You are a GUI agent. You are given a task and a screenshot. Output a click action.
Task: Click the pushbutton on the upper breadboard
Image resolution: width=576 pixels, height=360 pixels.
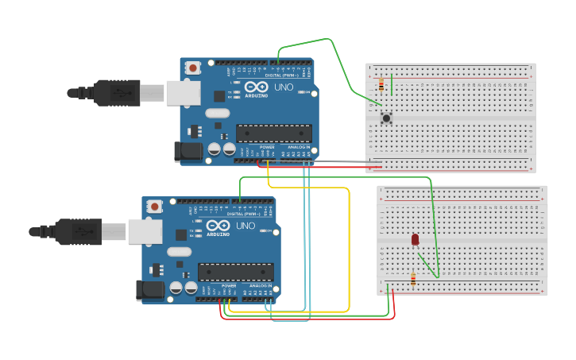[x=386, y=118]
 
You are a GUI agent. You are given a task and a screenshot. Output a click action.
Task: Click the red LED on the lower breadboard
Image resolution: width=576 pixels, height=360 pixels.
[x=415, y=239]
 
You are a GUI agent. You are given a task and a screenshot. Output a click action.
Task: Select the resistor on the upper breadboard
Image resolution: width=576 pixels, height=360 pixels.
[x=381, y=84]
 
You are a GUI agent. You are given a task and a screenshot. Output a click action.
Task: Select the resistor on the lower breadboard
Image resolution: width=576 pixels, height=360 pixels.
[x=412, y=278]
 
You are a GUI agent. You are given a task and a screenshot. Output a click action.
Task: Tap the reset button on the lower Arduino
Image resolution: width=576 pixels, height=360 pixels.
[x=155, y=207]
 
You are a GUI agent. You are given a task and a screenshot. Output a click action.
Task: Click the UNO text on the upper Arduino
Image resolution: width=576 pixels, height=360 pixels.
[x=283, y=87]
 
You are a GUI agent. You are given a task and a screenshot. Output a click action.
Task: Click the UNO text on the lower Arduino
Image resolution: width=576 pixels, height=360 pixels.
[x=245, y=226]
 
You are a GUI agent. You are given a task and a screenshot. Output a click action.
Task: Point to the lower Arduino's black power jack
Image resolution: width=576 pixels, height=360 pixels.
[x=149, y=290]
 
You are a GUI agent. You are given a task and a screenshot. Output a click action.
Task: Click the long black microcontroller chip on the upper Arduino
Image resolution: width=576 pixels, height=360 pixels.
[x=274, y=133]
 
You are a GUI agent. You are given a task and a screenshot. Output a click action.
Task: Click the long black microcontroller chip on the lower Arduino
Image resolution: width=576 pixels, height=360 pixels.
[x=236, y=272]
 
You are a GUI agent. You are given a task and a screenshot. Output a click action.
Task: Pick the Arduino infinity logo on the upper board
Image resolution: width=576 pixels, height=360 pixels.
[x=256, y=87]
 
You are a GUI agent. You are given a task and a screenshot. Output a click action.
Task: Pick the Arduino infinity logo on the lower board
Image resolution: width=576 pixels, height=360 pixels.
[x=218, y=225]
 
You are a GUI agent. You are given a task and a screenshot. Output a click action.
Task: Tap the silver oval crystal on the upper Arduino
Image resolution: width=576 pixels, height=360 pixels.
[x=217, y=113]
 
